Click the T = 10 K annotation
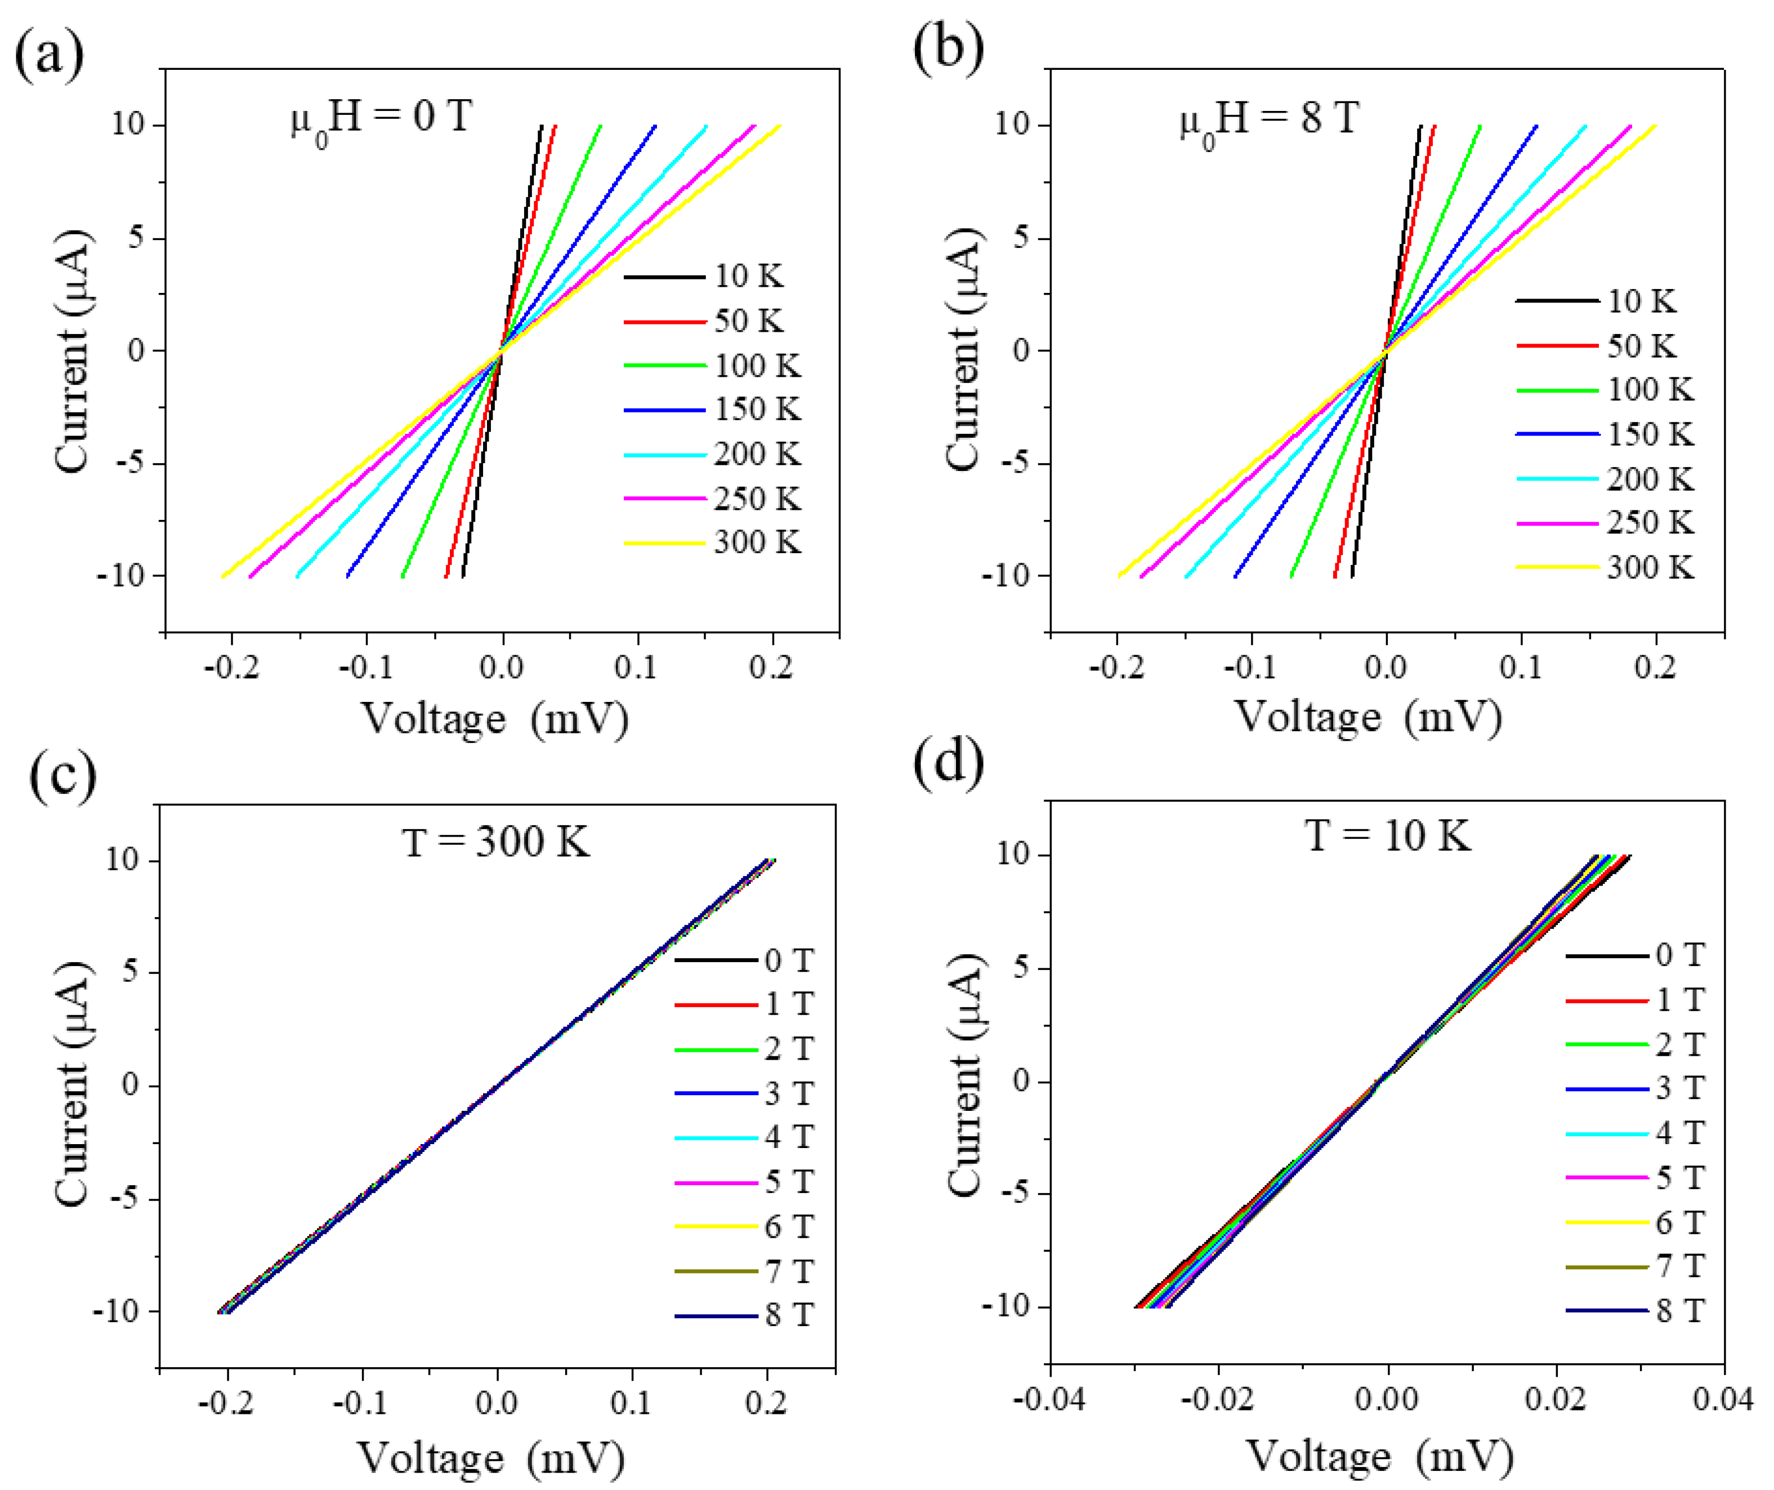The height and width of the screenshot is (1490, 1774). click(1388, 835)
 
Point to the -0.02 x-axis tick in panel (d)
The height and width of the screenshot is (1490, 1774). click(1217, 1399)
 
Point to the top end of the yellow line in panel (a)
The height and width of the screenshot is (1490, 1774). click(779, 127)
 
